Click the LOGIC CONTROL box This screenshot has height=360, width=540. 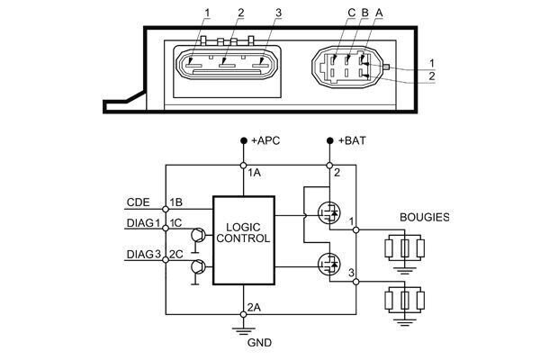(x=243, y=239)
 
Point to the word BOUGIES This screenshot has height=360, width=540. (x=424, y=218)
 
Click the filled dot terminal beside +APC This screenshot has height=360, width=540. (x=244, y=142)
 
